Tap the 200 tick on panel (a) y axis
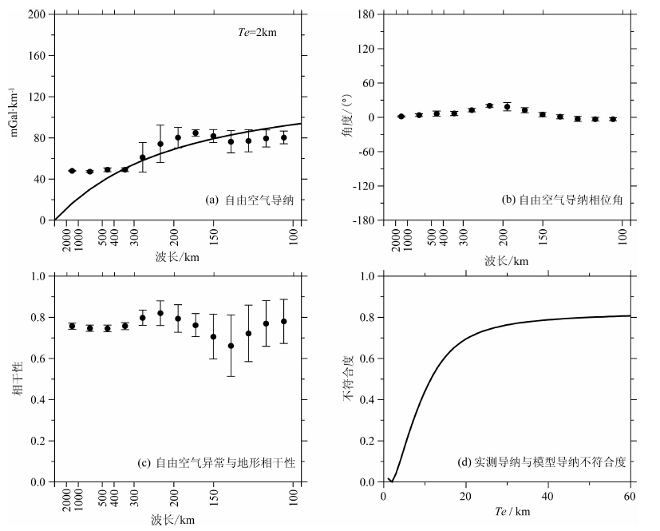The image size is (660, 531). pos(36,14)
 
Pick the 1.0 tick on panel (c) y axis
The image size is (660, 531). pos(38,276)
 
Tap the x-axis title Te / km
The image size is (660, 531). pos(508,511)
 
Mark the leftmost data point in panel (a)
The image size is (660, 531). pos(72,171)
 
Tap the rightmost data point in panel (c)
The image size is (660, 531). pos(283,321)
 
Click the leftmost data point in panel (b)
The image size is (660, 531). pos(401,117)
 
